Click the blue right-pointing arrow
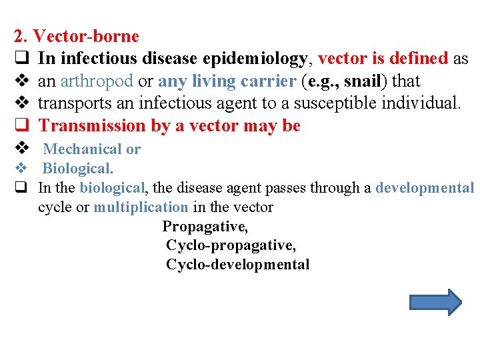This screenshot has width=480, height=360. coord(435,302)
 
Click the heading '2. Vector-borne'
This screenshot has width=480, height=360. coord(77,36)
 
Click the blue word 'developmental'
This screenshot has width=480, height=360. coord(425,188)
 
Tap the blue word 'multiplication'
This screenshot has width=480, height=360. coord(141,207)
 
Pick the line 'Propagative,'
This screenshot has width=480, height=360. coord(205,226)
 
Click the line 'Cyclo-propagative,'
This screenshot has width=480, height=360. coord(231,245)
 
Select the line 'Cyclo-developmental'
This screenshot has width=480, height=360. coord(237,265)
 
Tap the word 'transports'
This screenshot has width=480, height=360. coord(71,103)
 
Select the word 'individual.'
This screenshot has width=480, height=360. coord(417,103)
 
